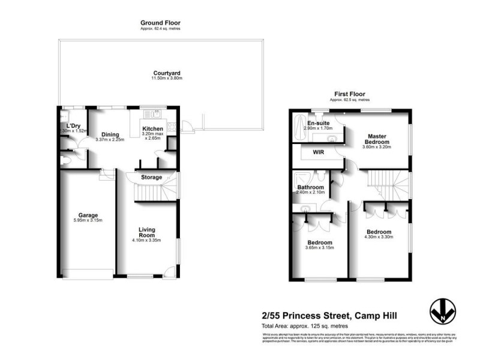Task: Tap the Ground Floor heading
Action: click(x=160, y=23)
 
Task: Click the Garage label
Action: click(x=88, y=215)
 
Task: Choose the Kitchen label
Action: click(x=152, y=128)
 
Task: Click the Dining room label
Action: click(x=109, y=134)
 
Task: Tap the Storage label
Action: click(x=152, y=178)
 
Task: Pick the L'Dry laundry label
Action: click(x=74, y=125)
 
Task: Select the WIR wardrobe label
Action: click(x=318, y=152)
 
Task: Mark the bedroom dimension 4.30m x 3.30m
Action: click(x=379, y=238)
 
